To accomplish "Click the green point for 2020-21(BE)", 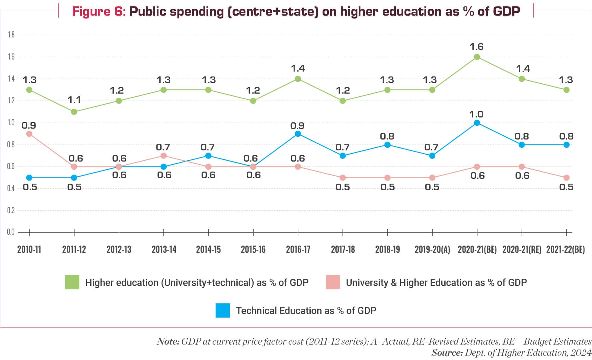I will [x=477, y=57].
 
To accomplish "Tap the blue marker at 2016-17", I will [x=298, y=134].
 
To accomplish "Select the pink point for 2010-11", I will [x=29, y=134].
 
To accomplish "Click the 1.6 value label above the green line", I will [x=476, y=47].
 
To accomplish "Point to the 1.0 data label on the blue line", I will [x=476, y=114].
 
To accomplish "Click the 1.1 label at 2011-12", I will [x=74, y=100].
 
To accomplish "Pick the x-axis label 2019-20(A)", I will [x=432, y=249].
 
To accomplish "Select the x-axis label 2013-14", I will [x=164, y=249].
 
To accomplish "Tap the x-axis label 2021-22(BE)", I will [x=565, y=249].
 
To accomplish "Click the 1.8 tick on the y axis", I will [x=11, y=35].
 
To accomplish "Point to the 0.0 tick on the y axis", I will [x=11, y=232].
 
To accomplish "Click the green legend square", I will [x=72, y=282].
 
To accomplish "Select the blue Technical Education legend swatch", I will [x=223, y=310].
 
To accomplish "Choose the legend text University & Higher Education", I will [x=436, y=282].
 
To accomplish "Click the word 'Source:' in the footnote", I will [x=447, y=352].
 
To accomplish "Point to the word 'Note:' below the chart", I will [x=168, y=342].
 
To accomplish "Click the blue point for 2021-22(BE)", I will [x=566, y=145].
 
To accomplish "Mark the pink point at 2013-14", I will [x=164, y=156].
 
